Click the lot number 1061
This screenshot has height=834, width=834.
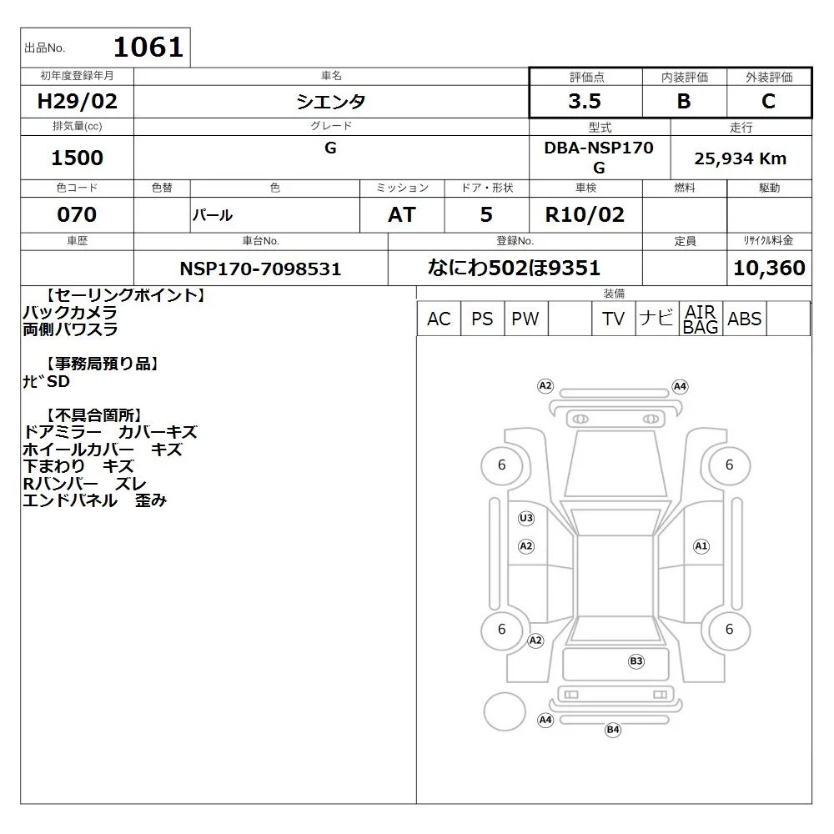148,47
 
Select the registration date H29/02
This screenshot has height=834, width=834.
77,101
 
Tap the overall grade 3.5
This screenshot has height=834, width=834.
585,101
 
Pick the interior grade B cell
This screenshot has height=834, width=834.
684,101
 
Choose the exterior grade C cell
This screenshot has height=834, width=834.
769,101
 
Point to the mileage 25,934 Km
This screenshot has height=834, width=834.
741,158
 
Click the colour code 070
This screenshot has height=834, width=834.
77,214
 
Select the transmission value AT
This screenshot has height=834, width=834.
402,214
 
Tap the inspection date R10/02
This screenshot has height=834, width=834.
585,214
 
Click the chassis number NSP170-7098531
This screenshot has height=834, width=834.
260,269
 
